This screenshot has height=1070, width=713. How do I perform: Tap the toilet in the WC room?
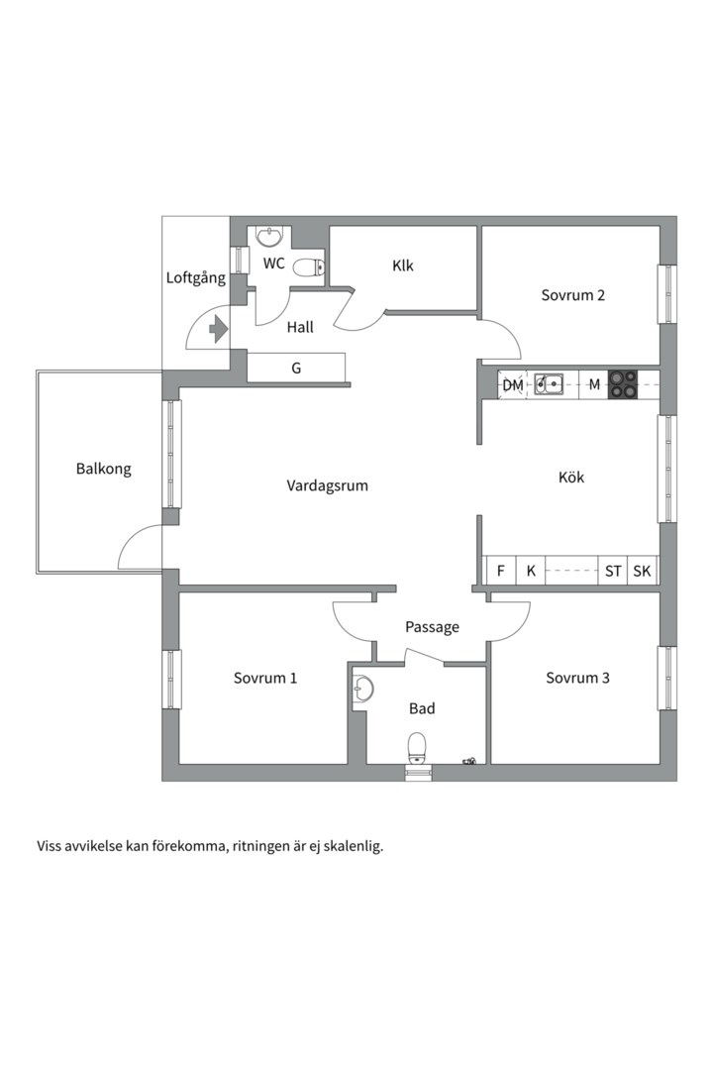click(310, 266)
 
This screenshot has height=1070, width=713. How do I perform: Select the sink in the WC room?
click(268, 236)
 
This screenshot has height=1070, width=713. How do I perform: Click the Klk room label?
click(402, 266)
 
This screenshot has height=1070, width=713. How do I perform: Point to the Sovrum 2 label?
click(572, 295)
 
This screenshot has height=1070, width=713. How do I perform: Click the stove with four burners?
click(622, 383)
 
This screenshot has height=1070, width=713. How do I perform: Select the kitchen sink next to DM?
click(549, 383)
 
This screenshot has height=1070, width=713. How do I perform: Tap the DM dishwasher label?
click(512, 384)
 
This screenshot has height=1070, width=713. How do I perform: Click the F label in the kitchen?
click(501, 571)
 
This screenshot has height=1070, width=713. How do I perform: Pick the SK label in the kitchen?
click(642, 571)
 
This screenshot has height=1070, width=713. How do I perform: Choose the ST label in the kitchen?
click(613, 571)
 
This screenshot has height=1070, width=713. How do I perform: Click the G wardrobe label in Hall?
click(295, 369)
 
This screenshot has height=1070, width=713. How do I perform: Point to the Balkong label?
click(103, 469)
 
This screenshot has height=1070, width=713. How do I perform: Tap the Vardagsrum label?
click(327, 485)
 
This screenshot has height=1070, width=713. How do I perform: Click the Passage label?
click(432, 627)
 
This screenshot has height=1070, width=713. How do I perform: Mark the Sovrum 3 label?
click(577, 678)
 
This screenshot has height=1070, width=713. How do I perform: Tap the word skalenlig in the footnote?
click(351, 846)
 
